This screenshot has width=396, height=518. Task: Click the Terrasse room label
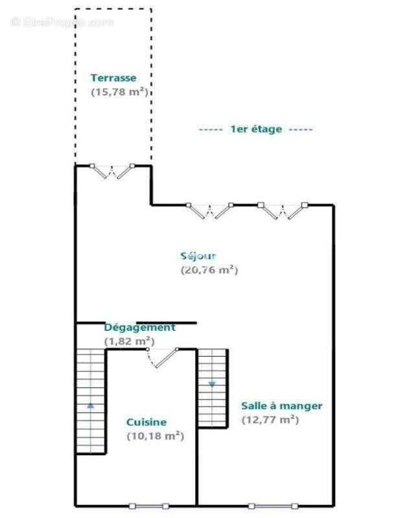point(113,78)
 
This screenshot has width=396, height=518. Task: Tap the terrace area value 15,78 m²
point(119,91)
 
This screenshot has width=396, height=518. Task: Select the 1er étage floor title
point(255,129)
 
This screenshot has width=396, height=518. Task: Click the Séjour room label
point(198,256)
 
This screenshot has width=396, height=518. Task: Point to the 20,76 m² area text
point(209,269)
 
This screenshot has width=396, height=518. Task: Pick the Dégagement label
point(139,328)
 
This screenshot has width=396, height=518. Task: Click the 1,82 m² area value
point(129,341)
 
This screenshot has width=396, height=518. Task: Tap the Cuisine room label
point(146,422)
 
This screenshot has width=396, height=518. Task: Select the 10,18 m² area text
point(156,436)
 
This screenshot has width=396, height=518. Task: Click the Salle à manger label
point(282,406)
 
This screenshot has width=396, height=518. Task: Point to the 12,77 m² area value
point(270,420)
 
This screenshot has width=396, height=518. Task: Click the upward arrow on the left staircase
point(91,405)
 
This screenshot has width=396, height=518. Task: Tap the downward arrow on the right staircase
point(212,385)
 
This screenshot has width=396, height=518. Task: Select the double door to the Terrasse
point(112,171)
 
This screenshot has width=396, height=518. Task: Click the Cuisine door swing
point(162,358)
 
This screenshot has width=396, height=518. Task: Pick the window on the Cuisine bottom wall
point(149,506)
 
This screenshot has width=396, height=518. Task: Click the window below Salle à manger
point(273,506)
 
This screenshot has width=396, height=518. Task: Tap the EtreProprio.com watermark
point(62,23)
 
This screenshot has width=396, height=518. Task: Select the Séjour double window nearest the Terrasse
point(209,210)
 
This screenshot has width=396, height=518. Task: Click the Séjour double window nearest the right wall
point(283,210)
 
